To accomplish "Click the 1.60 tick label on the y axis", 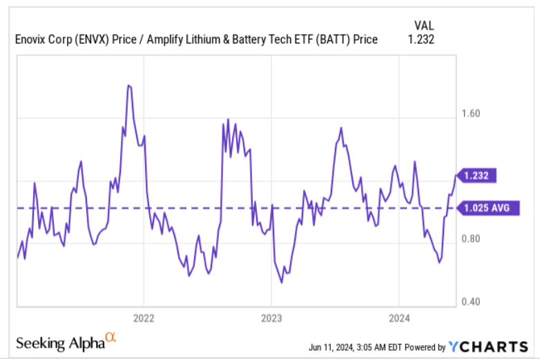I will [x=471, y=113].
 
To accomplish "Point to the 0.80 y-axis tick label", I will [x=471, y=239].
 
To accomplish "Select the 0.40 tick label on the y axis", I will [x=471, y=302].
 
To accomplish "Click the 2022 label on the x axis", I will [x=144, y=319].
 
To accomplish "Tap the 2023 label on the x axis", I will [x=271, y=319].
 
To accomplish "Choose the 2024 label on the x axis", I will [x=399, y=319].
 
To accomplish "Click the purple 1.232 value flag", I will [x=477, y=176].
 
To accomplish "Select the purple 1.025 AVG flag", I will [x=486, y=207].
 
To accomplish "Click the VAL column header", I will [x=422, y=26].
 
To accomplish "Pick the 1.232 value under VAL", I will [x=421, y=40].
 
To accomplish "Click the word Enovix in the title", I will [x=32, y=40].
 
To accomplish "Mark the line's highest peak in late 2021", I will [x=129, y=85].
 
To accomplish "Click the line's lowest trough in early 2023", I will [x=282, y=283].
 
